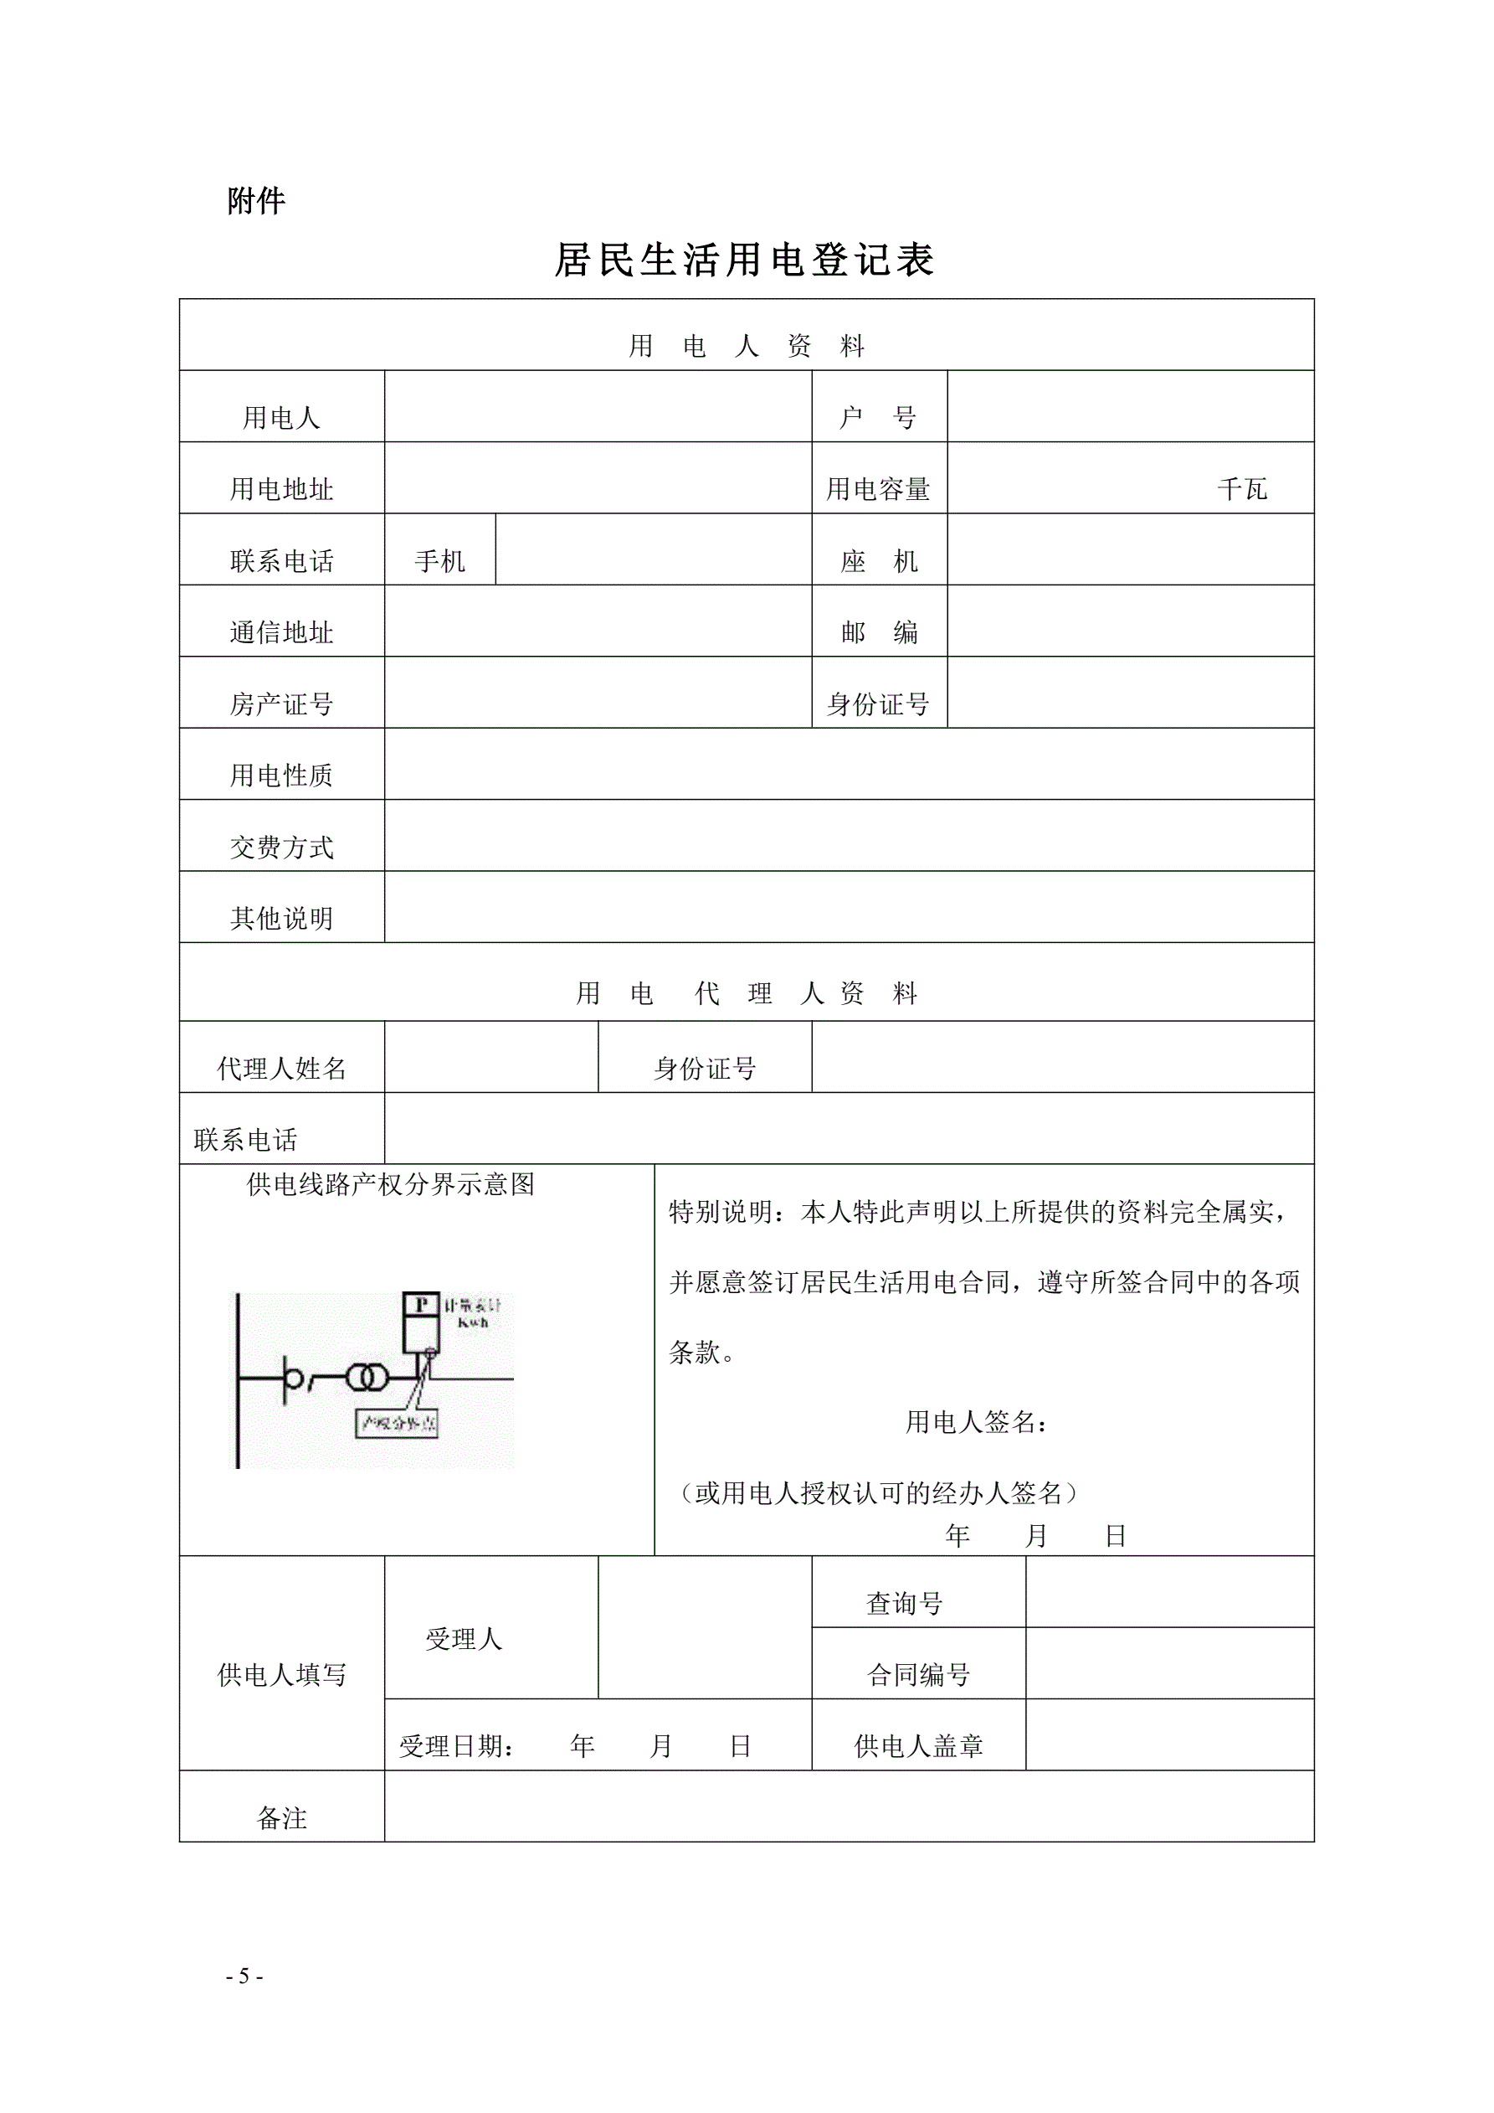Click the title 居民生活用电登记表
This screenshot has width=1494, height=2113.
coord(744,260)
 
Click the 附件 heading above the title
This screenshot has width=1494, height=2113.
coord(256,201)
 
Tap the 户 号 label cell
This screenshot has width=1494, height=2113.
coord(878,418)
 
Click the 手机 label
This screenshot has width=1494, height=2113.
coord(439,561)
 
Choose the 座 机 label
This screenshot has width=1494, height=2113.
coord(879,561)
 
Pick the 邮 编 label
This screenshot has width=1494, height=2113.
coord(879,633)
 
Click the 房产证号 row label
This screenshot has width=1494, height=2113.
coord(281,705)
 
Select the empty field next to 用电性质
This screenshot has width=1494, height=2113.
coord(848,765)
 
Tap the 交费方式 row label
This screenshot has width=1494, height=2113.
coord(281,848)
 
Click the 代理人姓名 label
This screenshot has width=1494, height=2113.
coord(281,1069)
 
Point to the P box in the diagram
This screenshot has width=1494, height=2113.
coord(421,1304)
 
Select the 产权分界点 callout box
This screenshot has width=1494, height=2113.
coord(397,1424)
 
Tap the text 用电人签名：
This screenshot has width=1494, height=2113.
coord(976,1423)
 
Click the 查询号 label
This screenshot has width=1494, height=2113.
coord(904,1604)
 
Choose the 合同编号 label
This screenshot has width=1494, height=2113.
coord(918,1675)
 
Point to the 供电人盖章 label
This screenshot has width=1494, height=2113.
coord(918,1746)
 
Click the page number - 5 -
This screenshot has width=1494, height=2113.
coord(244,1976)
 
